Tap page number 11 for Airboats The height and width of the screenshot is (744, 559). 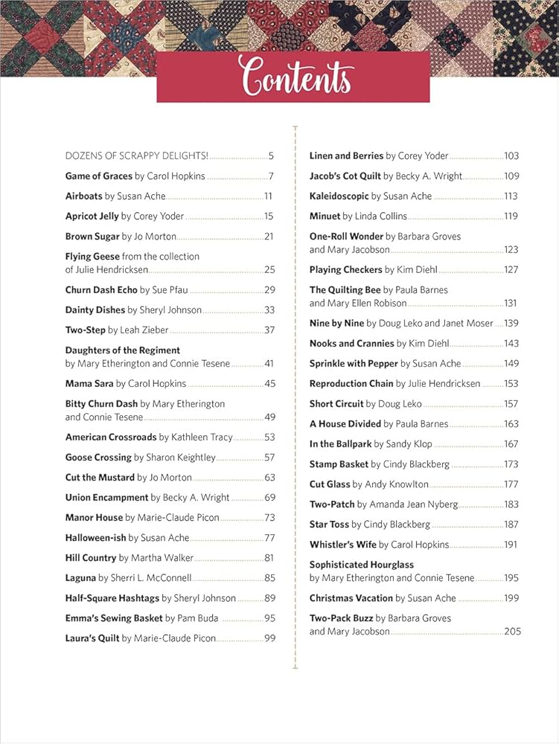[x=269, y=196]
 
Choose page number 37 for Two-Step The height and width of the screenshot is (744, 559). [x=269, y=330]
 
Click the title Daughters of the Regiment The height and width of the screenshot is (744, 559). [x=123, y=350]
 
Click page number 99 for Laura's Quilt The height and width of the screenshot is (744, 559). [x=269, y=638]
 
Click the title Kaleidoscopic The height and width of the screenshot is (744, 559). [x=339, y=196]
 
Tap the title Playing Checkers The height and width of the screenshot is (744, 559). [x=345, y=269]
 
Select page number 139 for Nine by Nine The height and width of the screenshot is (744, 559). [x=511, y=323]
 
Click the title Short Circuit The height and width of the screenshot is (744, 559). [x=336, y=404]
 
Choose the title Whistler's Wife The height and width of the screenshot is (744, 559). [x=343, y=545]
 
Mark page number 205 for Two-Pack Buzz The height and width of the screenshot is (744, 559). [x=512, y=631]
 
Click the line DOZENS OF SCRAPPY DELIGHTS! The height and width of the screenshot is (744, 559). [x=137, y=156]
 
